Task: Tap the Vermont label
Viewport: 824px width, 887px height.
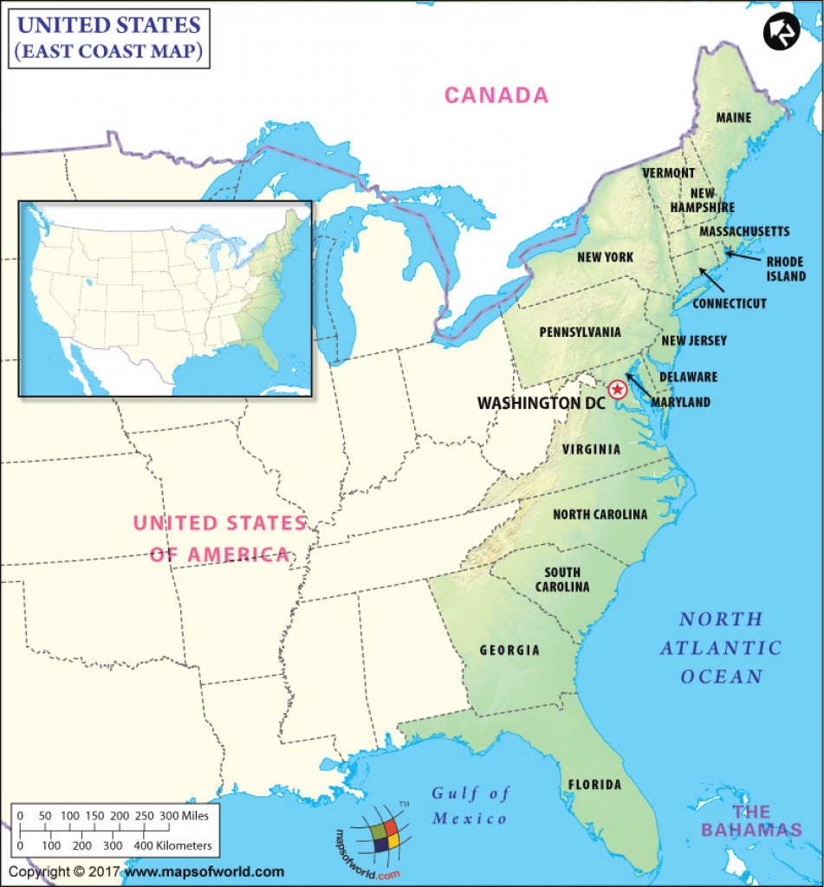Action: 668,173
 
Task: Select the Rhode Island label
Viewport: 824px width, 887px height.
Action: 785,269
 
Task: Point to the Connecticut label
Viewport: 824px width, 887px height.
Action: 730,303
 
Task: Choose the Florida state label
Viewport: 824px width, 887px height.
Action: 594,785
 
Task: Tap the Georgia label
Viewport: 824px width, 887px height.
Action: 509,650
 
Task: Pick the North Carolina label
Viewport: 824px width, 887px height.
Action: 600,515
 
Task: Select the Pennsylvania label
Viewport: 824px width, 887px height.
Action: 580,332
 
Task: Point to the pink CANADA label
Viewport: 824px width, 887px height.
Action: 496,95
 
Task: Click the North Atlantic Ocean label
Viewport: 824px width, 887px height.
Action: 721,647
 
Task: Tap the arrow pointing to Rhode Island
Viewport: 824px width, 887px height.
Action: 742,256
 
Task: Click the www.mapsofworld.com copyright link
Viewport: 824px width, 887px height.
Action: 204,871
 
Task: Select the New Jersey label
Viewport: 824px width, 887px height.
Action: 694,340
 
